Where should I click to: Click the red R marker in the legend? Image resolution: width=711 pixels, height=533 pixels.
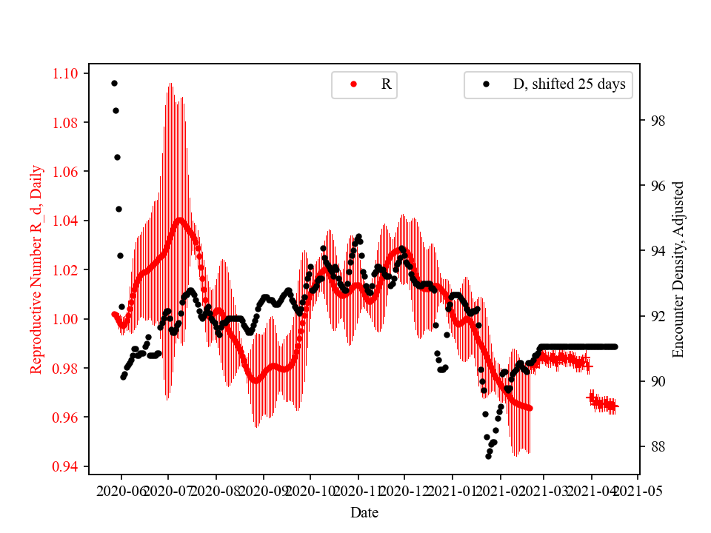tap(353, 84)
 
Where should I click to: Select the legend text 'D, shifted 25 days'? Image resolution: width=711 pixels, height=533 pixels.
tap(569, 84)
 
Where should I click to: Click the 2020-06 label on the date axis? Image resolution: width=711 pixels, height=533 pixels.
tap(121, 491)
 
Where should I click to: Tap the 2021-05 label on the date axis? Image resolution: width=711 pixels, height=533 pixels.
tap(638, 491)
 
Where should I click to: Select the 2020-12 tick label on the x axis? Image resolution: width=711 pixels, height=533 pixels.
tap(405, 491)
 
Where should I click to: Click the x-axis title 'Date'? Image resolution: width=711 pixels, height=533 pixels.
tap(364, 512)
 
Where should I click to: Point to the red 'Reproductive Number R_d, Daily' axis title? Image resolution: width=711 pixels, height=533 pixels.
tap(36, 269)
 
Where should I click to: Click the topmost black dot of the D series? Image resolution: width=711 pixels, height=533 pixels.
tap(114, 83)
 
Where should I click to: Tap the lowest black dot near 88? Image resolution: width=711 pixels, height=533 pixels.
tap(488, 456)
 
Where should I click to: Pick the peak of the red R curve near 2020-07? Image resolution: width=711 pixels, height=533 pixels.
tap(180, 220)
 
